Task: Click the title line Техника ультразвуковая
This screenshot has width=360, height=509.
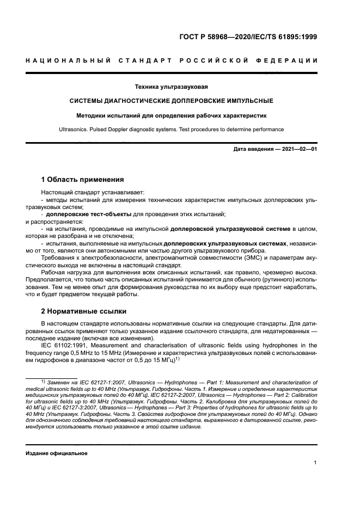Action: coord(172,87)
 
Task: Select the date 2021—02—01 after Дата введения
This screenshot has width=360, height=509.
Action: coord(299,149)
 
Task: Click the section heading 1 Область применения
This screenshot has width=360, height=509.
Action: coord(83,179)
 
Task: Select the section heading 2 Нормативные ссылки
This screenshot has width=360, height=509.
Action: coord(84,311)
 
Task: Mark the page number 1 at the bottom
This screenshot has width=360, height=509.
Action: coord(315,463)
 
